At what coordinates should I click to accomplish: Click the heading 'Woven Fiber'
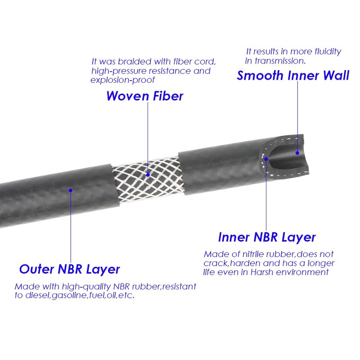[x=144, y=96]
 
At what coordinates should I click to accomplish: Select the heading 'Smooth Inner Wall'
[x=293, y=75]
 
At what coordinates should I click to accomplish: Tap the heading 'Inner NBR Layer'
[x=267, y=237]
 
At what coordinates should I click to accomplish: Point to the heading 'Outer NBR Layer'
[x=69, y=269]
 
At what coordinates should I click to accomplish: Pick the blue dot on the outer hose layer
[x=71, y=191]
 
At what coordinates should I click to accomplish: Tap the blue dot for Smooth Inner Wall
[x=297, y=153]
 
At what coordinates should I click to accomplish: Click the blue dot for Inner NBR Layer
[x=266, y=158]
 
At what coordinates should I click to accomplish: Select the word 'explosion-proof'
[x=123, y=80]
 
